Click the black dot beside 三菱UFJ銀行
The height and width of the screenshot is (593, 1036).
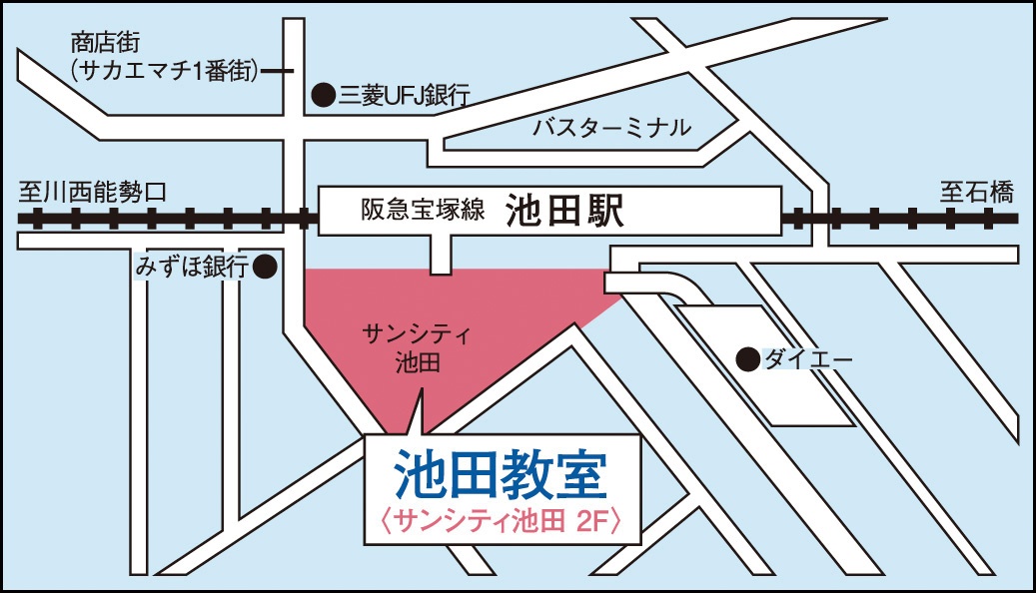[323, 96]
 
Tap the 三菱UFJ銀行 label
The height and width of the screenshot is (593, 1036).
[404, 96]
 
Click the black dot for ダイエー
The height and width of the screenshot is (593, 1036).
[745, 359]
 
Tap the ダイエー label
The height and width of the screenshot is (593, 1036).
[795, 359]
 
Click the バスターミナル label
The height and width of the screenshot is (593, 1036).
[610, 127]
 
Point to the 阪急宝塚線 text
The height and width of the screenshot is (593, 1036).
[424, 211]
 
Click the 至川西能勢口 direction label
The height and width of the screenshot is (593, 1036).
[95, 191]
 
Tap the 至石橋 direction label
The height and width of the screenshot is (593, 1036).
[976, 191]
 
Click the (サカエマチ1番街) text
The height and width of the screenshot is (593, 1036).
[165, 71]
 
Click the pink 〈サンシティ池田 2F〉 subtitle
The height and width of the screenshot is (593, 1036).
[502, 520]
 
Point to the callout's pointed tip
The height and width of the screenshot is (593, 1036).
[418, 392]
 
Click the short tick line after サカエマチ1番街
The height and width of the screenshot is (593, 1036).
[279, 71]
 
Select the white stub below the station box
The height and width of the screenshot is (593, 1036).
[442, 254]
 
